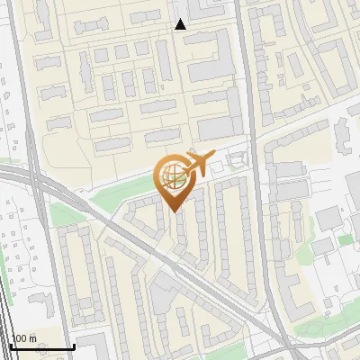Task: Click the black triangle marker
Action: click(181, 24)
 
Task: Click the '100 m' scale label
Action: click(23, 338)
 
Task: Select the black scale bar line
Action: click(40, 346)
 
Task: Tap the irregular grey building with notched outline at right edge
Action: click(345, 135)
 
